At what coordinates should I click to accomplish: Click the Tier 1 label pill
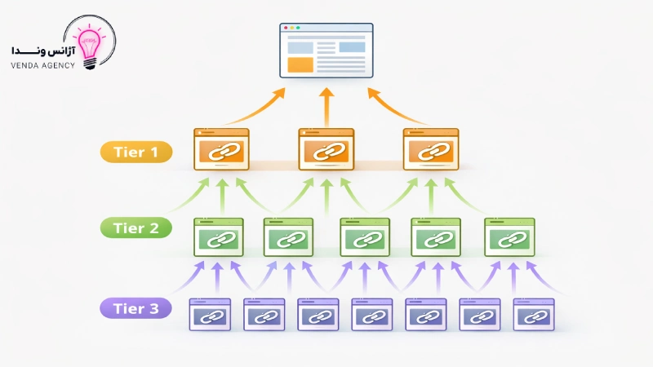coord(135,152)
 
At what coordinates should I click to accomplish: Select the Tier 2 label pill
coord(135,229)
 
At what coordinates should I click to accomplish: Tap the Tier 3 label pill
coord(135,308)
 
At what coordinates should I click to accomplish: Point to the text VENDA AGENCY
coord(43,65)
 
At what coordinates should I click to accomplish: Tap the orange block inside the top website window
coord(300,64)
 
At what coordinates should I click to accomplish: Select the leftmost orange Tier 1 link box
coord(221,148)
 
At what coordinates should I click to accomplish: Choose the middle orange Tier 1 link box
coord(326,148)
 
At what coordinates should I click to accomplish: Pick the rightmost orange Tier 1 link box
coord(430,148)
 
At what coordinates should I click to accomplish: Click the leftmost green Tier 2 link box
coord(220,237)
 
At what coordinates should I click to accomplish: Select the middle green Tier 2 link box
coord(365,237)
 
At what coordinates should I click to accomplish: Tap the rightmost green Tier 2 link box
coord(509,237)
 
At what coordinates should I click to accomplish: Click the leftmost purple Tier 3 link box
coord(210,313)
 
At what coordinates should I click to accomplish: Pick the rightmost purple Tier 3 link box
coord(533,313)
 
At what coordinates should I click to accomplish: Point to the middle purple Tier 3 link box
coord(371,313)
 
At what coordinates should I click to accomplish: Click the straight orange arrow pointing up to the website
coord(326,106)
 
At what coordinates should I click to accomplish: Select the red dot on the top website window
coord(286,29)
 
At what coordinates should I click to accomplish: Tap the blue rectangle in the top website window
coord(352,46)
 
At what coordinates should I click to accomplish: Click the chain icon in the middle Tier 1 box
coord(326,151)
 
